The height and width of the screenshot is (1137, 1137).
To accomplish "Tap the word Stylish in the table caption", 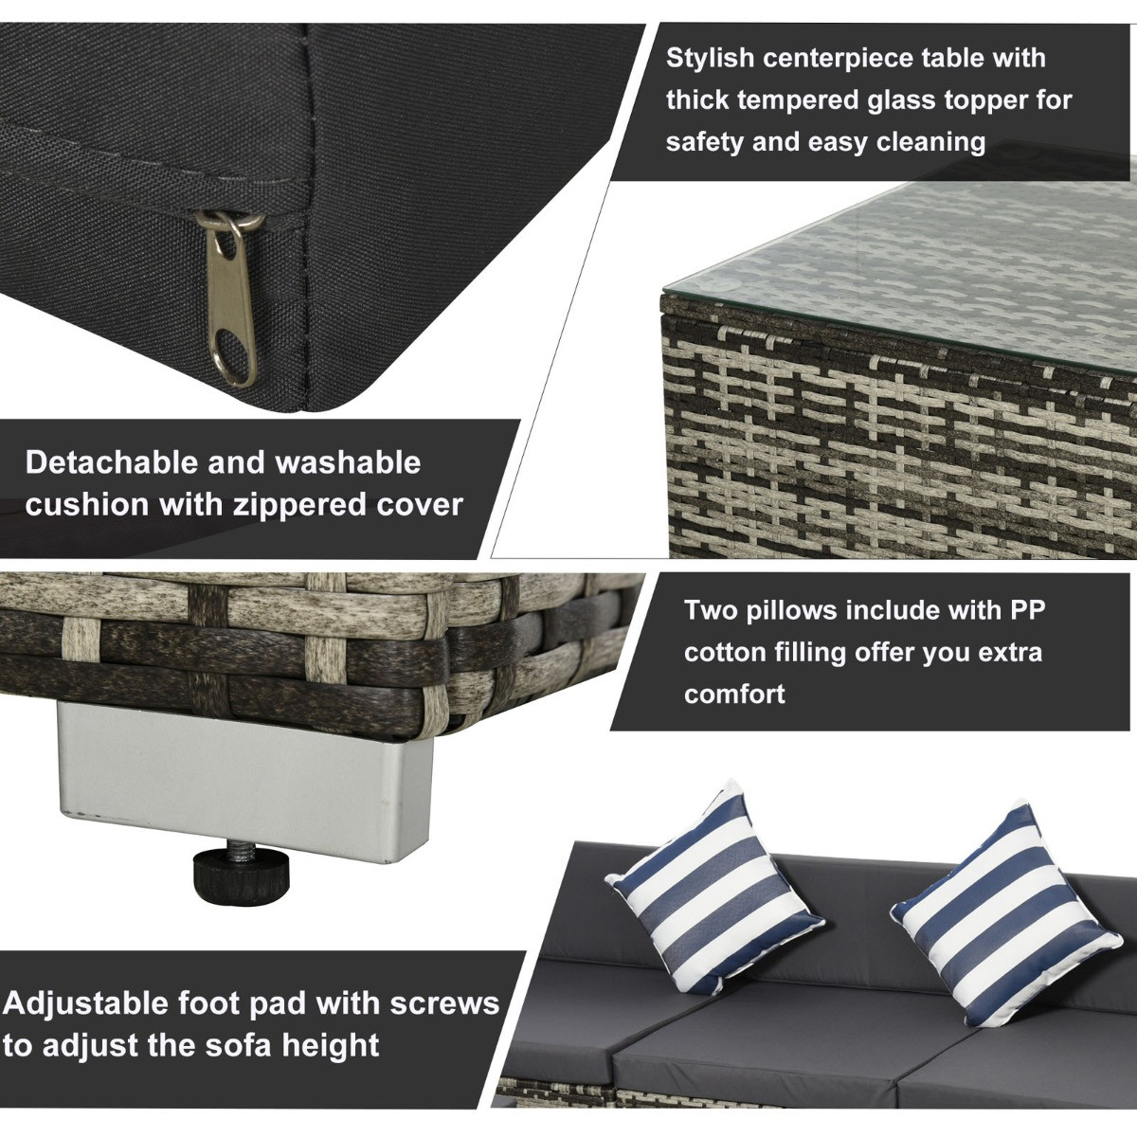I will coord(711,58).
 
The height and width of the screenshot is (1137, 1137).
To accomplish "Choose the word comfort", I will coord(734,694).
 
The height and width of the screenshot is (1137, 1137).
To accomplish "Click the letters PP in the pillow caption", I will coord(1024,610).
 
